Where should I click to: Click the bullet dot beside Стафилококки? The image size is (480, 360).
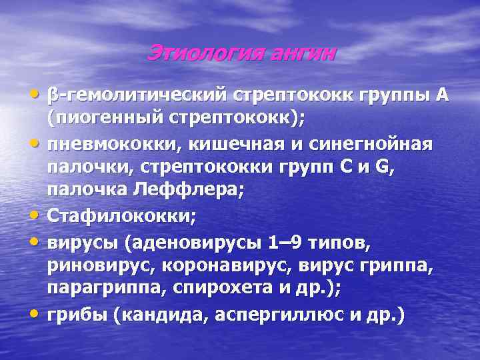(x=37, y=215)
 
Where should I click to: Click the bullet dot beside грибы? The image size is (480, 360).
(x=37, y=312)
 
